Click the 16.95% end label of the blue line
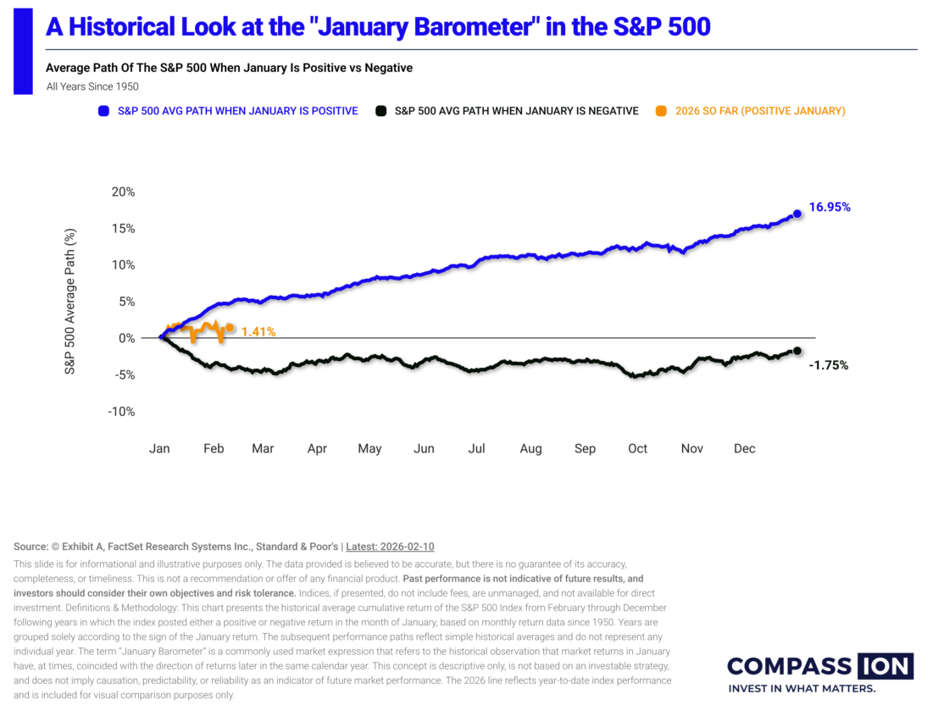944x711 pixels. pos(829,207)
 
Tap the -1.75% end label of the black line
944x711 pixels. pos(829,365)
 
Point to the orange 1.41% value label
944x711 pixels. pos(258,331)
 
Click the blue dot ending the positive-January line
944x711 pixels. pos(797,214)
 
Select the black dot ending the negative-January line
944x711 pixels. pos(797,350)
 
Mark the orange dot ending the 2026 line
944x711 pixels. pos(230,327)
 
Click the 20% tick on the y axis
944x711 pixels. pos(123,192)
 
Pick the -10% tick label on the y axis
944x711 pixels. pos(121,412)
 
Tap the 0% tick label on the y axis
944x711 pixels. pos(126,338)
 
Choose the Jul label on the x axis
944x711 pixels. pos(476,448)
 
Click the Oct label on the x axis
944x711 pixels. pos(637,448)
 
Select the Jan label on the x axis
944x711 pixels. pos(159,448)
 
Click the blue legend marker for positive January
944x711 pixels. pos(103,111)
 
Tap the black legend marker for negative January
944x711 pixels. pos(380,111)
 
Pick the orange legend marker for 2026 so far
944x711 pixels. pos(661,111)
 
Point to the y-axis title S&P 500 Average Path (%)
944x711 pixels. pos(69,301)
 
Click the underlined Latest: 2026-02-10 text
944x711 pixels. pos(390,547)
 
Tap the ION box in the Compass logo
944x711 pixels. pos(886,666)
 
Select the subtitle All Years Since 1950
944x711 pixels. pos(92,86)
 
